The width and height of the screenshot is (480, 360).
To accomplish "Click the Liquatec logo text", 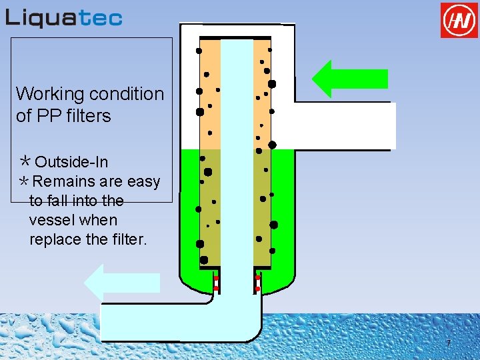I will tap(64, 17).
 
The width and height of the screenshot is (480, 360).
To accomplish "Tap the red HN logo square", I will tap(459, 20).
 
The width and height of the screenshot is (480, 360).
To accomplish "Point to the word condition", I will tap(127, 94).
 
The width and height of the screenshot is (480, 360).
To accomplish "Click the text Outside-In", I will tap(71, 162).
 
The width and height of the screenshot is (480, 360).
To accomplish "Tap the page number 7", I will tap(448, 343).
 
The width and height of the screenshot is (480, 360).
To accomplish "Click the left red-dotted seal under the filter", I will tap(216, 283).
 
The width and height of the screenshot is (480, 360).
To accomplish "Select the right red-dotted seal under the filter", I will tap(258, 283).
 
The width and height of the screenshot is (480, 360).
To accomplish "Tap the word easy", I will tap(144, 181).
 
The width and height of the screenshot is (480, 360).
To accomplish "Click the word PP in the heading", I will tap(45, 116).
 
